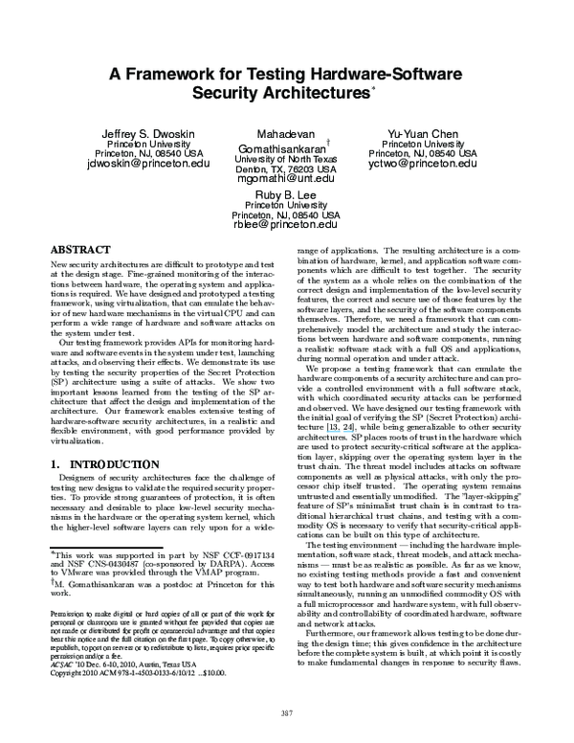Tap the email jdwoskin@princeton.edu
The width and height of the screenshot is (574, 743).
point(147,164)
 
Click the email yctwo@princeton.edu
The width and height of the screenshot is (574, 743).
point(422,164)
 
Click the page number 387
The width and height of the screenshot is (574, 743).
point(286,711)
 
